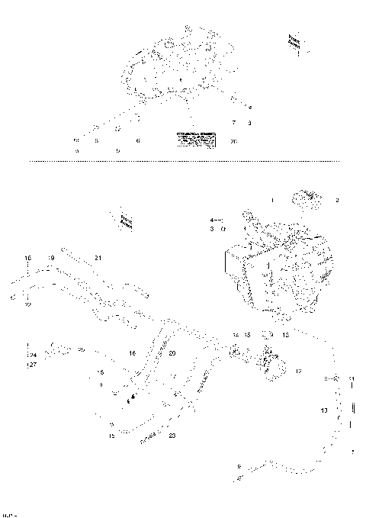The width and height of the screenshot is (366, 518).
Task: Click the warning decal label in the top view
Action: tap(196, 139)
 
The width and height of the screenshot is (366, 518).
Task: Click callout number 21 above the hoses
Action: tap(98, 259)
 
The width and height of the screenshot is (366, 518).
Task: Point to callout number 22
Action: tap(27, 304)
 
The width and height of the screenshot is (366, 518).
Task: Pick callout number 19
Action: tap(51, 259)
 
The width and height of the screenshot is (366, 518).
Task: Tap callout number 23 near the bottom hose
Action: tap(172, 436)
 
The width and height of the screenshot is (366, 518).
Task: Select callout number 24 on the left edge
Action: tap(32, 356)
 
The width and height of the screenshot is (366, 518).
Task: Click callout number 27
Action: tap(32, 365)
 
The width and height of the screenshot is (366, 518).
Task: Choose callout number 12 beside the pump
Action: tap(299, 371)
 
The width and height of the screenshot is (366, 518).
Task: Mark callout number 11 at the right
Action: tap(352, 378)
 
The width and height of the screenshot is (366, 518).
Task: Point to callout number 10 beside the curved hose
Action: tap(323, 410)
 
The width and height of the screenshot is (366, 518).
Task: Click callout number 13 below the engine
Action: tap(286, 335)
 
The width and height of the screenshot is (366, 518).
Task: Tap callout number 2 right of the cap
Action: tap(338, 200)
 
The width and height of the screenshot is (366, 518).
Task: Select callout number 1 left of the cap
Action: tap(271, 200)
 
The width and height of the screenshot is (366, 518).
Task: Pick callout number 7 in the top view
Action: tap(234, 123)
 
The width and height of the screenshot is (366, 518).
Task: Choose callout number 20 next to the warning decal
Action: tap(233, 141)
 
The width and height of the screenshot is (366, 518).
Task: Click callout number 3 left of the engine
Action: tap(212, 228)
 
